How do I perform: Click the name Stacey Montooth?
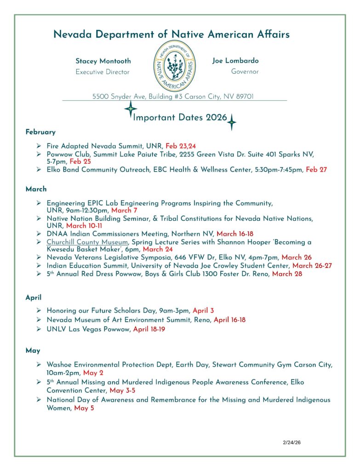[x=103, y=61]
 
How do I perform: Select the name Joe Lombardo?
[x=235, y=61]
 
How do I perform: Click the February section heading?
[x=40, y=132]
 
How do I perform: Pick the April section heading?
[x=34, y=298]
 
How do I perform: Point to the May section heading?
[x=33, y=350]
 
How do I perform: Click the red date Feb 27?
[x=316, y=170]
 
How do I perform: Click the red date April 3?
[x=203, y=310]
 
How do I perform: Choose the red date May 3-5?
[x=122, y=391]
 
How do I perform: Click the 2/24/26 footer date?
[x=291, y=442]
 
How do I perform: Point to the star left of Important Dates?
[x=131, y=109]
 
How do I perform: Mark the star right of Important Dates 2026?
[x=232, y=122]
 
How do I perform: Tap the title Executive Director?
[x=103, y=72]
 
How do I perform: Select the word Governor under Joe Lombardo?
[x=245, y=72]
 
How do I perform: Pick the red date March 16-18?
[x=235, y=234]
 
